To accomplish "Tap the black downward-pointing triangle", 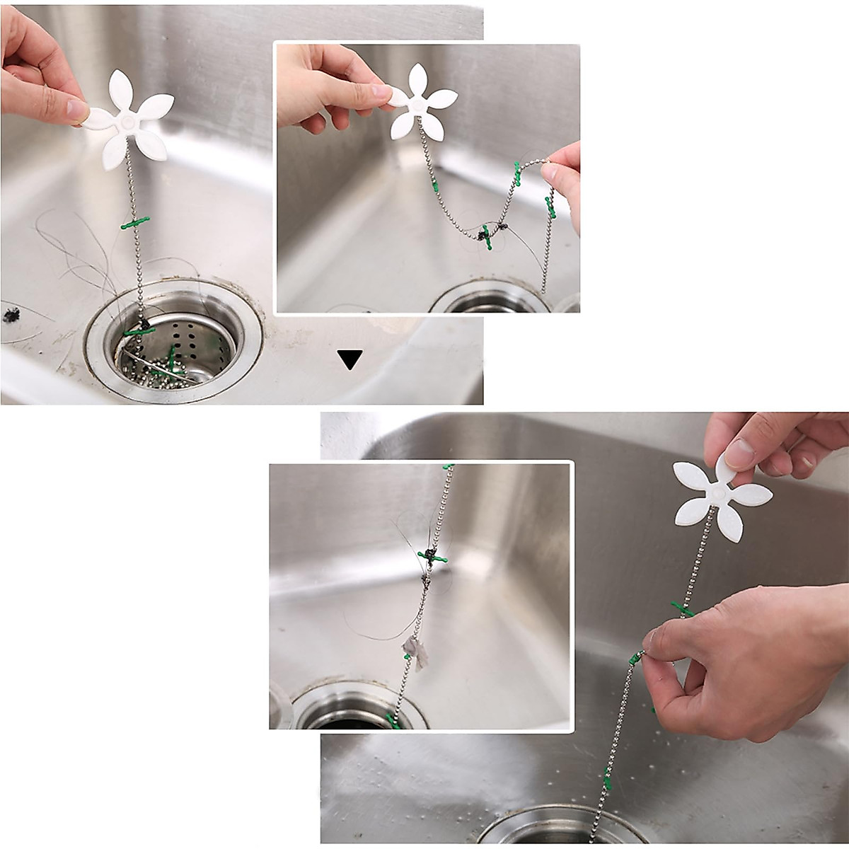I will coord(350,359).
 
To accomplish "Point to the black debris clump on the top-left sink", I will coord(11,315).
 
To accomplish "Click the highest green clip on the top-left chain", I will coord(135,224).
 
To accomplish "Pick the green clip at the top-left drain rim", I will coord(139,330).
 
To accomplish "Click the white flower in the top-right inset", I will coord(423,103).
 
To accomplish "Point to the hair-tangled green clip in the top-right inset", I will coord(487,236).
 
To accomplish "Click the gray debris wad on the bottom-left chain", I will coord(415,651).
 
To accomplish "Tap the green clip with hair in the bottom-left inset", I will coord(432,558).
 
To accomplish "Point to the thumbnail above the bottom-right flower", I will coord(740,453).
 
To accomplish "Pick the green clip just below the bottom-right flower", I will coord(682,609).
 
